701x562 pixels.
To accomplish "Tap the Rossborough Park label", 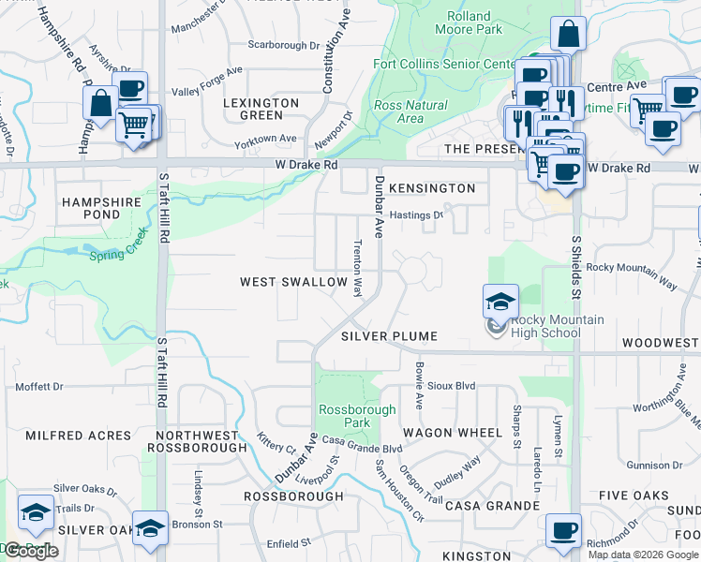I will (344, 416).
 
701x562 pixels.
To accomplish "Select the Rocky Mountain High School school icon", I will (500, 303).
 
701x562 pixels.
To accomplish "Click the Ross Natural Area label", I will (410, 111).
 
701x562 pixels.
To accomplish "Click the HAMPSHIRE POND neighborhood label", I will (100, 208).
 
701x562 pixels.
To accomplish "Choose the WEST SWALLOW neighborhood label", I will (281, 282).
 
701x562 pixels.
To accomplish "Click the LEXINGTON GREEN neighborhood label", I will (261, 109).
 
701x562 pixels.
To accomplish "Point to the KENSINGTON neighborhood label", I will (433, 188).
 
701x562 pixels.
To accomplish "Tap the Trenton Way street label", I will (357, 267).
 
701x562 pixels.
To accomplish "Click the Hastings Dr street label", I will (416, 214).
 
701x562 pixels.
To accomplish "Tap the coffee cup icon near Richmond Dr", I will (564, 531).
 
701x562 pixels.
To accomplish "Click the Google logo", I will (31, 551).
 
